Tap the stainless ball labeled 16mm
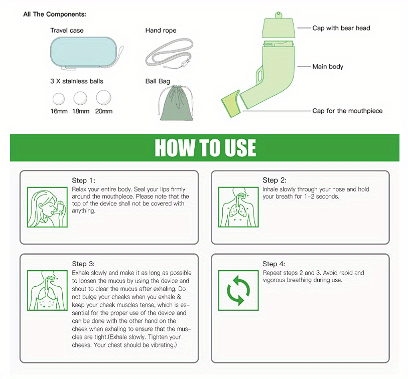tap(60, 97)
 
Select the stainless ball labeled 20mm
tap(103, 97)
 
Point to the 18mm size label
tap(81, 111)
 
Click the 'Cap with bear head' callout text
tap(341, 28)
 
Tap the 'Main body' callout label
tap(328, 66)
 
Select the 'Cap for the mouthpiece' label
tap(347, 111)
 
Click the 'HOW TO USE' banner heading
tap(205, 148)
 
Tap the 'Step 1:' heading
tap(83, 180)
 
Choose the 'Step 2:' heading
tap(274, 180)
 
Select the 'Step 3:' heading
tap(83, 264)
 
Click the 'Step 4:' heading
tap(274, 264)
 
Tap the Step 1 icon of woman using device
tap(47, 208)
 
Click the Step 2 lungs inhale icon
tap(238, 208)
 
